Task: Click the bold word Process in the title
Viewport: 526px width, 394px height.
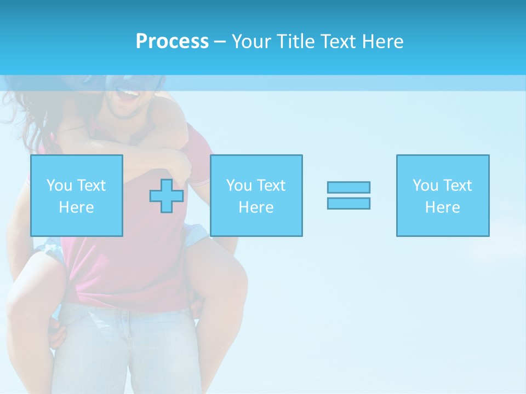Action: click(x=172, y=42)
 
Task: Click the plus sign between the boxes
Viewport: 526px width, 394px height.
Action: click(x=167, y=196)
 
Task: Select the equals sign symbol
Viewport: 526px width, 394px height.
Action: click(x=348, y=195)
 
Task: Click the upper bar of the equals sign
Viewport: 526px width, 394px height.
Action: click(x=348, y=187)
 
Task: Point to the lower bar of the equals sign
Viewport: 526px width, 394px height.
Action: click(x=348, y=203)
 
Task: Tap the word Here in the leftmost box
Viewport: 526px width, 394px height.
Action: click(x=76, y=207)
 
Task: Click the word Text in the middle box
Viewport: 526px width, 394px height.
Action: click(x=271, y=186)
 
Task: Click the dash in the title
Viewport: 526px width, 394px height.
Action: click(x=220, y=42)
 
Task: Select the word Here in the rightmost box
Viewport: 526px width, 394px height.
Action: click(x=443, y=207)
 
